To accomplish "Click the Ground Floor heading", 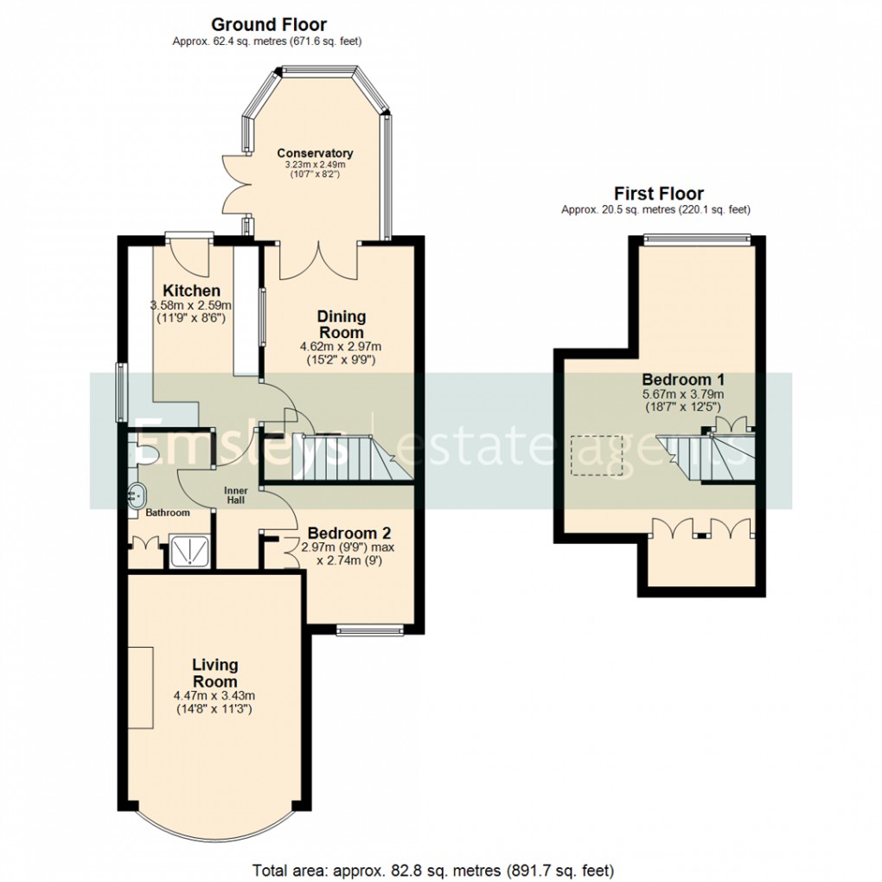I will [268, 24].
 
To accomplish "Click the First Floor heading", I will [658, 194].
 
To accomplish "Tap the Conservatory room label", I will [321, 154].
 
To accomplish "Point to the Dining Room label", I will [342, 324].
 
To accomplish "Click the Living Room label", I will [214, 673].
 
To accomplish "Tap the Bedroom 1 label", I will [682, 380].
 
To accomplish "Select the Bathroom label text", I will [167, 513].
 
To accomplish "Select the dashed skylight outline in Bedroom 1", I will [596, 455].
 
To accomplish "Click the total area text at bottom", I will [432, 869].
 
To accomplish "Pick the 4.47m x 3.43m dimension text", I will [214, 695].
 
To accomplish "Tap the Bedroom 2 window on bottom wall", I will [369, 629].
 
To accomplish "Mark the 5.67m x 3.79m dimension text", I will [682, 393].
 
